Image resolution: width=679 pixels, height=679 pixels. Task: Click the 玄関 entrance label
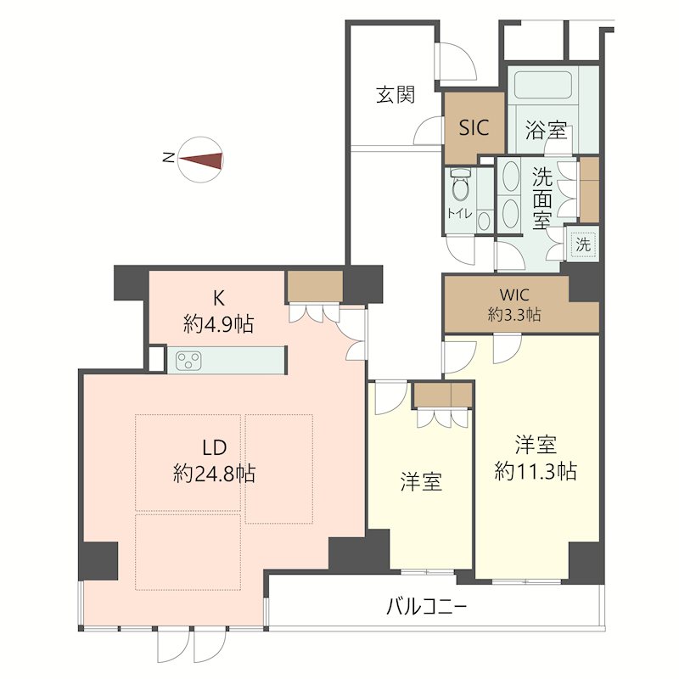396,94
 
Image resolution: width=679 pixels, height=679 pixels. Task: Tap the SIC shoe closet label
474,128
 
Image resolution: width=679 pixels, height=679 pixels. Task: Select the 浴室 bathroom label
546,131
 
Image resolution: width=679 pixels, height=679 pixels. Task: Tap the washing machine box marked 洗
583,244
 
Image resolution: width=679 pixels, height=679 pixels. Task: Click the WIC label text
514,295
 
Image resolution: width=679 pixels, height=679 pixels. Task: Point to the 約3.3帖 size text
514,315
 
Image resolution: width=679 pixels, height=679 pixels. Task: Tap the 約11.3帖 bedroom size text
536,470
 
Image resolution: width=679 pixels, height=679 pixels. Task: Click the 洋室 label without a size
421,482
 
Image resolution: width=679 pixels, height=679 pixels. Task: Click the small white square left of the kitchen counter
156,358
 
